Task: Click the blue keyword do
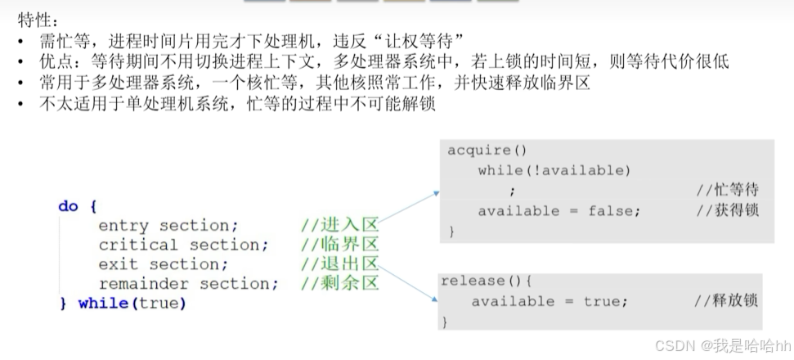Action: point(68,206)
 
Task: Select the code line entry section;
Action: point(168,226)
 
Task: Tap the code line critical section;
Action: point(183,245)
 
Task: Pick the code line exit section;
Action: point(164,264)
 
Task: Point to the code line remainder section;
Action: point(188,284)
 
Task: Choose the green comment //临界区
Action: point(339,245)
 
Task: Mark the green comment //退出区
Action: point(339,264)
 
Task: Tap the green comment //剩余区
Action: point(339,284)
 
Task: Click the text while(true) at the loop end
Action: point(132,304)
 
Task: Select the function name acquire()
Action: point(487,151)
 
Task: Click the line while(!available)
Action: point(554,170)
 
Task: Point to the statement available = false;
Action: point(559,211)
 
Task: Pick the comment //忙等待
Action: point(727,191)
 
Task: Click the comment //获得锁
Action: point(727,211)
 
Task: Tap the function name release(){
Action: point(486,281)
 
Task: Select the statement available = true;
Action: point(550,301)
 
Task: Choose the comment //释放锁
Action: point(725,301)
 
